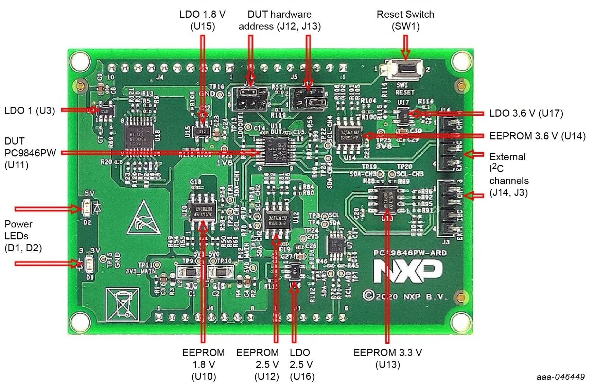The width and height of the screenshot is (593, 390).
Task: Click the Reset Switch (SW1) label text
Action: coord(405,20)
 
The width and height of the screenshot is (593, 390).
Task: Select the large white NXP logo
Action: coord(407,271)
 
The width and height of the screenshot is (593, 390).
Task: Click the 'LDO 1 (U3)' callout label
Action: coord(30,111)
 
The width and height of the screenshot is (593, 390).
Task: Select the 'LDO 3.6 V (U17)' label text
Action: coord(526,113)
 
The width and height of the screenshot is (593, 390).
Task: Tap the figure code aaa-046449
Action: coord(560,377)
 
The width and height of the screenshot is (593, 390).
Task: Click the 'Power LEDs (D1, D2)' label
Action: coord(23,236)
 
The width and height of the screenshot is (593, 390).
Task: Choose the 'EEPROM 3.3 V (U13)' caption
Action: coord(387,358)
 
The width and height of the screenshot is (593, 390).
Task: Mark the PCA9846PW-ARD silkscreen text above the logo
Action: coord(410,253)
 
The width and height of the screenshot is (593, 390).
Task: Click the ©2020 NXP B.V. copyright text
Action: coord(405,296)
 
